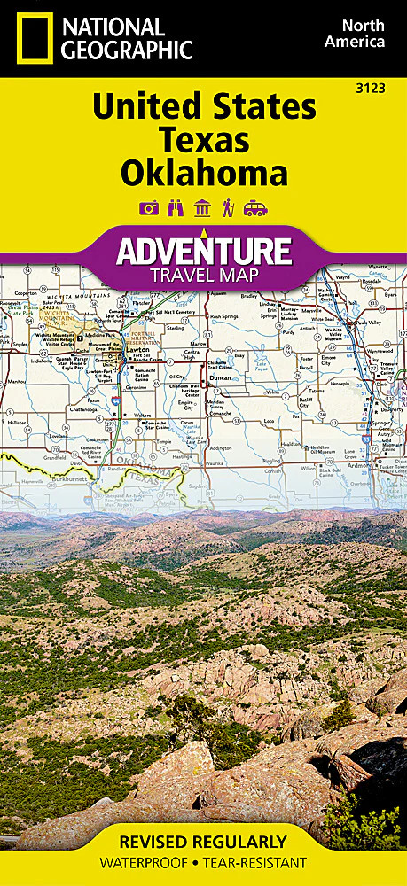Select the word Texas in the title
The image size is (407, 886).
click(x=203, y=139)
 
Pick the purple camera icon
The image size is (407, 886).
click(x=148, y=208)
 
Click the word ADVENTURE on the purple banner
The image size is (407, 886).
click(x=204, y=251)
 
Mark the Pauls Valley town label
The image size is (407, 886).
click(x=371, y=322)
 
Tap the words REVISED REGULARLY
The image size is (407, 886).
click(x=203, y=842)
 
